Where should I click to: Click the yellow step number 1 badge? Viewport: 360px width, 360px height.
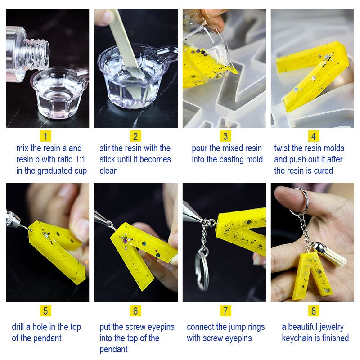click(45, 136)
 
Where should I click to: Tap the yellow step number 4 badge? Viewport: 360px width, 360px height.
click(313, 136)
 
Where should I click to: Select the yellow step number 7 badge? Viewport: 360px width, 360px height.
click(225, 310)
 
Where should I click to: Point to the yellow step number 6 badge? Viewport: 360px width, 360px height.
click(135, 310)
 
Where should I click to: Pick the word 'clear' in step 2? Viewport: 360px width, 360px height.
click(108, 171)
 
